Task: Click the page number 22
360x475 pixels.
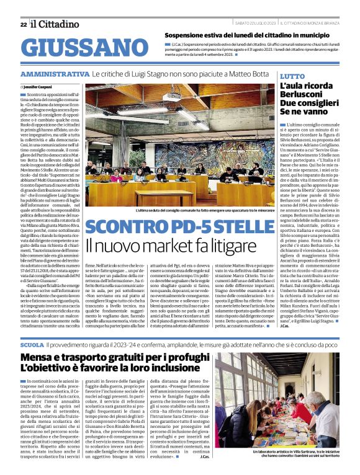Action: tap(24, 24)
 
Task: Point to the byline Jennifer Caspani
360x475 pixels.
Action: tap(39, 86)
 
